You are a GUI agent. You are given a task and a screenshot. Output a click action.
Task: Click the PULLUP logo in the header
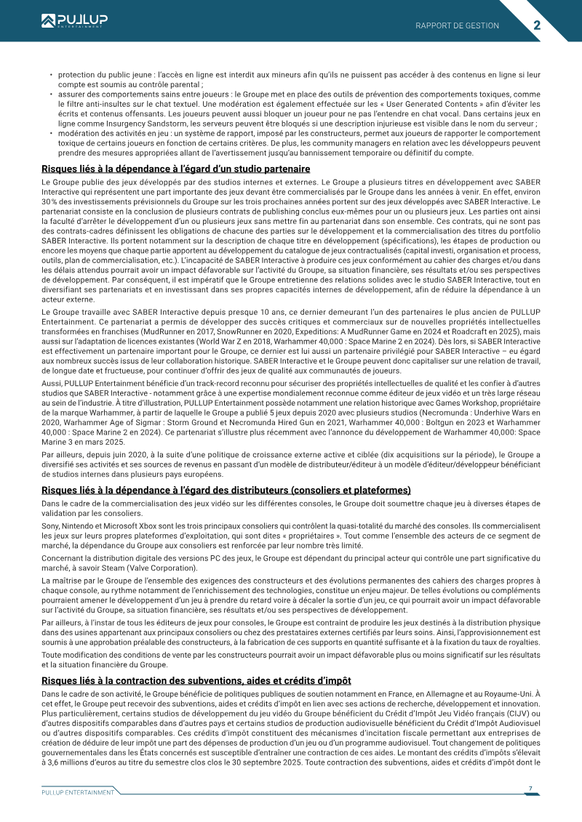tap(73, 21)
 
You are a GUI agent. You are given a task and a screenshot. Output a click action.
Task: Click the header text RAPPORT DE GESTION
tap(457, 25)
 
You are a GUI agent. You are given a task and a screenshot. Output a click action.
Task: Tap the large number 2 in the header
tap(537, 25)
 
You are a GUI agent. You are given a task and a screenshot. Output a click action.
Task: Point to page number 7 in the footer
tap(530, 788)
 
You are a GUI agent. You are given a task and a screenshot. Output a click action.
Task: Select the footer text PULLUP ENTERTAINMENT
tap(78, 791)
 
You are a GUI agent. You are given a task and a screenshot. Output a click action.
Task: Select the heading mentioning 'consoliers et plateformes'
tap(226, 490)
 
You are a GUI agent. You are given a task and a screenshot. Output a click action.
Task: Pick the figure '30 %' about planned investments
tap(52, 201)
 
